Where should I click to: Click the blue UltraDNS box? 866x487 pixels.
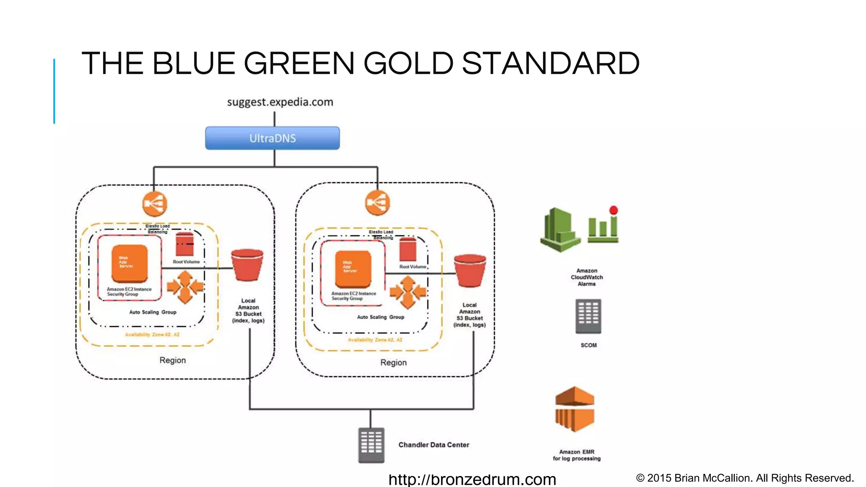(272, 138)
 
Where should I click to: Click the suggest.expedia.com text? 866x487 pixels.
(280, 102)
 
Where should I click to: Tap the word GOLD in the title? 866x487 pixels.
(408, 63)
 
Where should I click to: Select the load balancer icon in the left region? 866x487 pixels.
(155, 204)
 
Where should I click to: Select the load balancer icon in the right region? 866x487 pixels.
(377, 203)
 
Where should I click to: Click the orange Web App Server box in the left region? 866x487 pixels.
(130, 263)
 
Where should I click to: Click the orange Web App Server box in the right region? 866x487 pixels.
(353, 269)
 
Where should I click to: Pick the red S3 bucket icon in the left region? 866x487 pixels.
(247, 265)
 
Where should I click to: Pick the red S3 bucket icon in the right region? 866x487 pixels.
(470, 271)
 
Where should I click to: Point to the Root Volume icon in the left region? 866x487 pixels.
(185, 244)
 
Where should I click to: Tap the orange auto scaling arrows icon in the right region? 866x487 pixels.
(408, 292)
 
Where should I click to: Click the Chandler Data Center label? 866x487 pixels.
(433, 445)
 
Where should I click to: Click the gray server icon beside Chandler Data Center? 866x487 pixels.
(371, 445)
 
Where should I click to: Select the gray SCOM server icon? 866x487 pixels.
(588, 317)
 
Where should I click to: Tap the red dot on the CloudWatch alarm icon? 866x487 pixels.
(614, 210)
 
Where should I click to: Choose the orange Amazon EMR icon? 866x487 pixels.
(575, 409)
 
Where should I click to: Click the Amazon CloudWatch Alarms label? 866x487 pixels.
(587, 277)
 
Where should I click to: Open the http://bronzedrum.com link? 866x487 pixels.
(472, 479)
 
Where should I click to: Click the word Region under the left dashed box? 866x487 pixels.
(173, 360)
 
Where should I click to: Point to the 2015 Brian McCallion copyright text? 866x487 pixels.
(745, 478)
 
